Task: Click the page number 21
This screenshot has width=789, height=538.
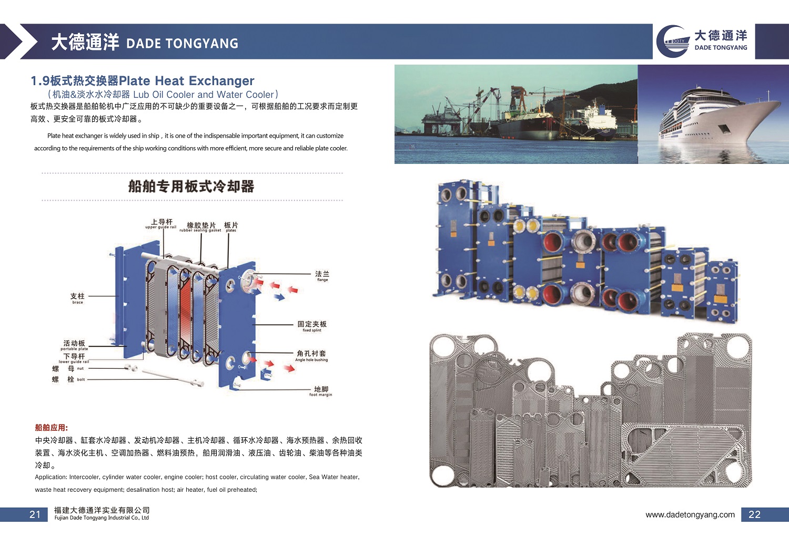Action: point(35,514)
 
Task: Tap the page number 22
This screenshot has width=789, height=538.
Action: point(754,514)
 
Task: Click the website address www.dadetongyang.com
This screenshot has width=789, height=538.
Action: point(690,515)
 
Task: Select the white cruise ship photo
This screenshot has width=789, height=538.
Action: point(713,114)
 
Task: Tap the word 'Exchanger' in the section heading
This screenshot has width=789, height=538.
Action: point(221,81)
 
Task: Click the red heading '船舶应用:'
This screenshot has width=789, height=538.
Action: point(52,428)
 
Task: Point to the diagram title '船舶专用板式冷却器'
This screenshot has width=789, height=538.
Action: point(191,187)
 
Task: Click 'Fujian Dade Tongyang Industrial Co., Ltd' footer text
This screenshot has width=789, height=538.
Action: point(102,518)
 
